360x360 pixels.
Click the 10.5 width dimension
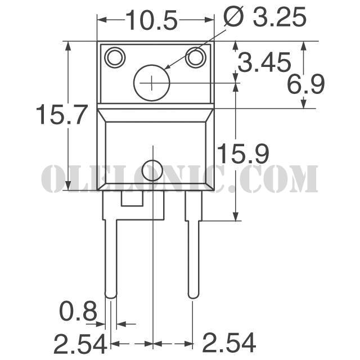coord(152,20)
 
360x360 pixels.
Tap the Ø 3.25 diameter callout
coord(265,16)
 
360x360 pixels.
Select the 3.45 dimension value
coord(264,62)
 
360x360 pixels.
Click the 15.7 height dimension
coord(62,115)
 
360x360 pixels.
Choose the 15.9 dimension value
coord(243,154)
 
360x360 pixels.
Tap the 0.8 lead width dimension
coord(78,311)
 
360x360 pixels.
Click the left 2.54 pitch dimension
coord(80,344)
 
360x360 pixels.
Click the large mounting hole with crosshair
coord(151,83)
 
